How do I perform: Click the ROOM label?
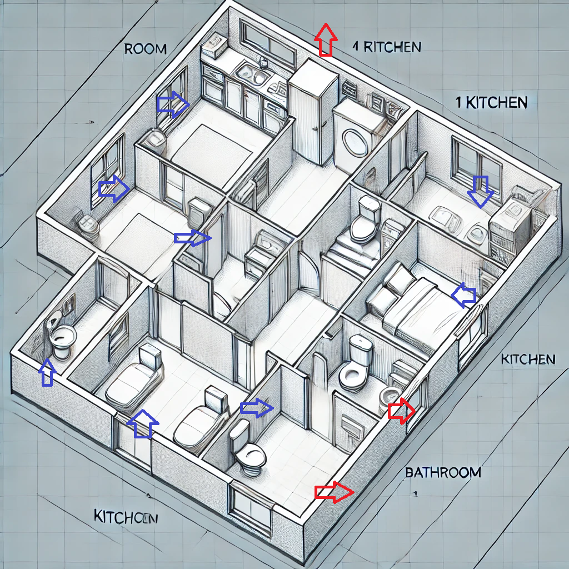[145, 49]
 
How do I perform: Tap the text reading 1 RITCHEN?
[387, 47]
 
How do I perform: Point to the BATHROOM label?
[443, 473]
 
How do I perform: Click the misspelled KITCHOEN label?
[126, 517]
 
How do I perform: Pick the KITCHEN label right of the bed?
[528, 360]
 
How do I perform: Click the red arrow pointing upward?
[325, 39]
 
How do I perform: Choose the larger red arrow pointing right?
[334, 492]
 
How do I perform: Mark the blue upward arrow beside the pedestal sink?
[48, 372]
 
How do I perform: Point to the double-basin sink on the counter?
[252, 74]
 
